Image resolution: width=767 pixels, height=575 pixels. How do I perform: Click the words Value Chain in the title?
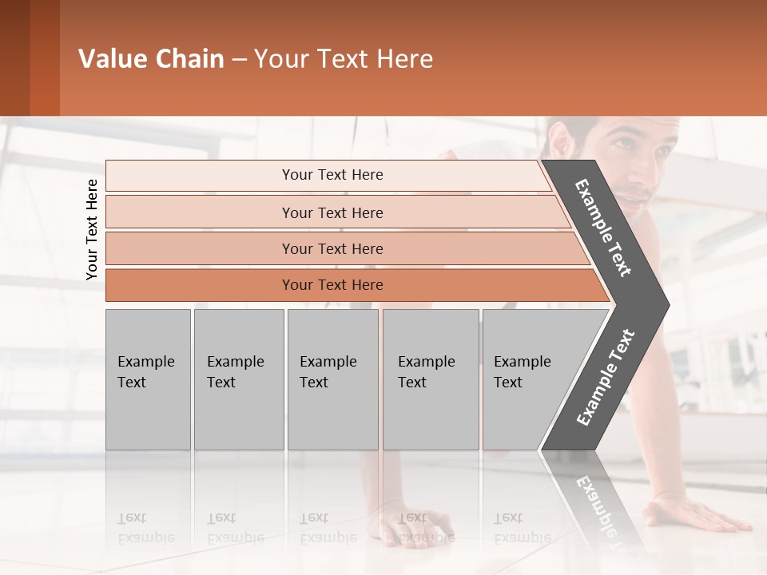[151, 59]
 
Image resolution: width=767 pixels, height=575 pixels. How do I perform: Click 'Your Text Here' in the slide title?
[344, 59]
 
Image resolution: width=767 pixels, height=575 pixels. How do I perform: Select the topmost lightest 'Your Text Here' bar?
[332, 175]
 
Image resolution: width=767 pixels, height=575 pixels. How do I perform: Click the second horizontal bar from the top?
[332, 212]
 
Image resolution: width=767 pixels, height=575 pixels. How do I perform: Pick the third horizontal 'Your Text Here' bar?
[332, 248]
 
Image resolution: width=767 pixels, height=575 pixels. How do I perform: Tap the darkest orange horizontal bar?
[332, 285]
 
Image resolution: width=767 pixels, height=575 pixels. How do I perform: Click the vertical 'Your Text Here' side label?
[92, 229]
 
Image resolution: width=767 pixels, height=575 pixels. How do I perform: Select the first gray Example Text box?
[148, 379]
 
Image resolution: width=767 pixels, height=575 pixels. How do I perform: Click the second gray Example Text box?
[238, 379]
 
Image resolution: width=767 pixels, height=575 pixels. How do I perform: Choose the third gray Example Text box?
[332, 379]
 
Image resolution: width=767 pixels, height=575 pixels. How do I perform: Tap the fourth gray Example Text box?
[430, 379]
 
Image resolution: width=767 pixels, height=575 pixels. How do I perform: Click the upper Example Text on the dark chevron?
[603, 228]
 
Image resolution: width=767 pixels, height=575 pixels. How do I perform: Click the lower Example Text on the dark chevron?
[605, 378]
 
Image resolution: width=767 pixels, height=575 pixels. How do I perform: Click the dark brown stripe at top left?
[14, 57]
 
